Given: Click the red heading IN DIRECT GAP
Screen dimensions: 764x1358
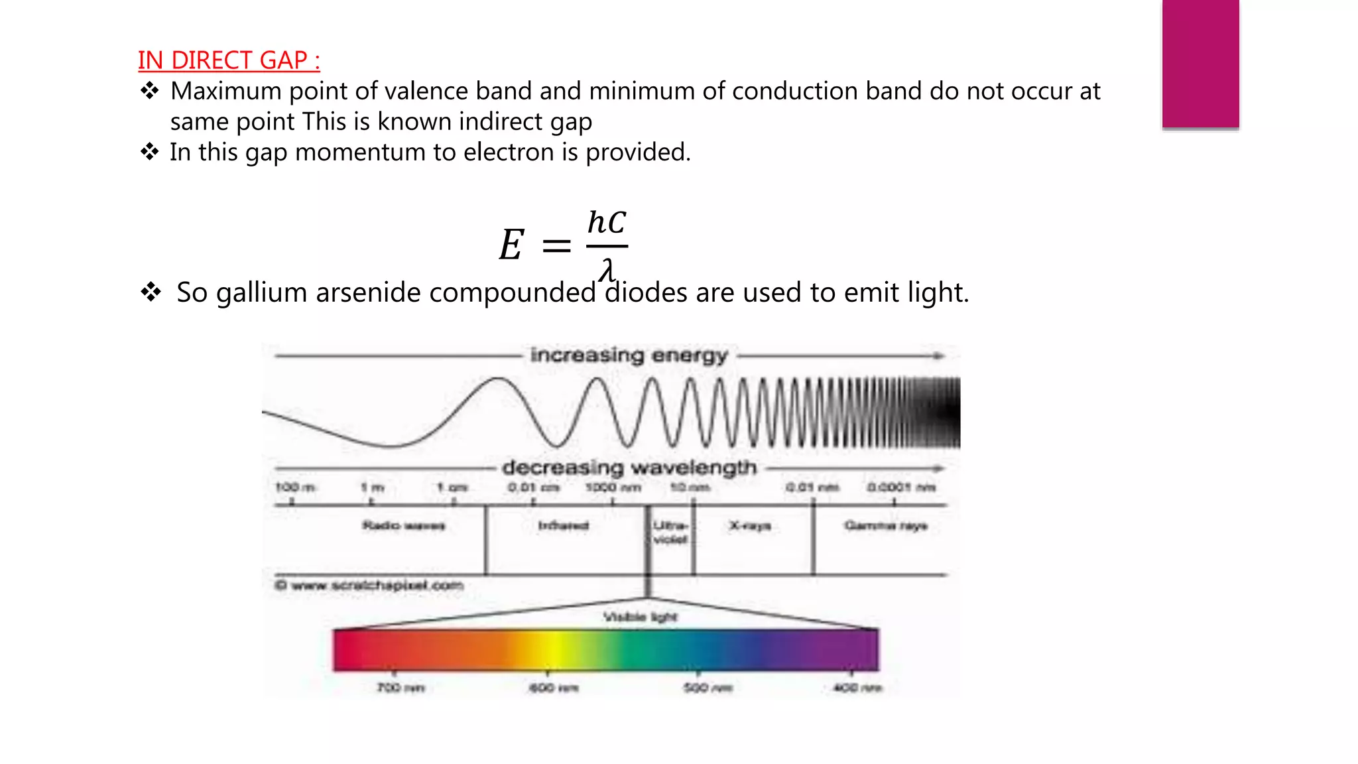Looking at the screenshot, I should pos(229,60).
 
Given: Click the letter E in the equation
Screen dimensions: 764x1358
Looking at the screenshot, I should pos(511,245).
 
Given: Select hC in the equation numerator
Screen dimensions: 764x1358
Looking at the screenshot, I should pos(607,223).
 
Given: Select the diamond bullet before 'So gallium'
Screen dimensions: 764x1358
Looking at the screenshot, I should pos(151,292).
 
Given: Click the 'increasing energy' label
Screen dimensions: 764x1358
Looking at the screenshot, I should pos(629,355).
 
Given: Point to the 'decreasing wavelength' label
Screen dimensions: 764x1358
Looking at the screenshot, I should pos(629,468).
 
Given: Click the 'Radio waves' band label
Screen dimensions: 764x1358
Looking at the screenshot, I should pos(403,526).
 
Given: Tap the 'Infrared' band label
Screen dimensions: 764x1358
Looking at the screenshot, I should pos(563,526).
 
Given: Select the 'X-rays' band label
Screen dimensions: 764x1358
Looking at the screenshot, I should pos(750,526).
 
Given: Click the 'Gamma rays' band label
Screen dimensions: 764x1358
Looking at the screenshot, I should pos(885,526).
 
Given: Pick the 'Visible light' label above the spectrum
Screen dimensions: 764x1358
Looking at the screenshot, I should pos(640,617).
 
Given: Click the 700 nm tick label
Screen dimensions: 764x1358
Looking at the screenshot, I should pos(401,688).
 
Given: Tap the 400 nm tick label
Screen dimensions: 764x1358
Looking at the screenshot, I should pos(857,688).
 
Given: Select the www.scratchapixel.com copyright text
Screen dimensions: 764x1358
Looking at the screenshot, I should pos(369,586).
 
